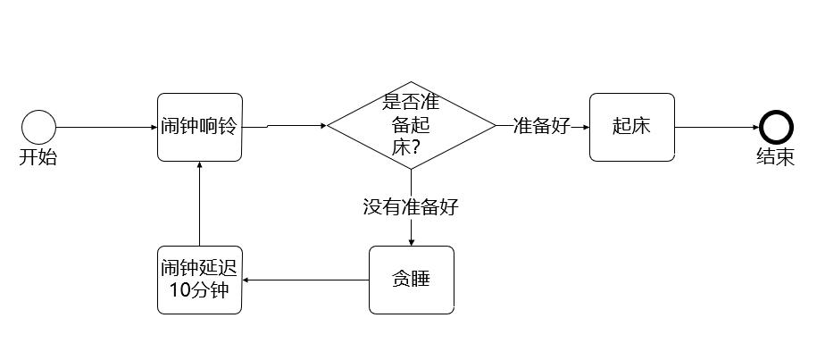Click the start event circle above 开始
pos(38,127)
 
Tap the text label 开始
pos(38,158)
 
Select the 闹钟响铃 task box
pos(199,127)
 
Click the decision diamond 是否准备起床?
pos(411,125)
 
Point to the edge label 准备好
pos(541,126)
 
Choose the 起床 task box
pos(631,127)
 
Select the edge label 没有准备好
pos(411,207)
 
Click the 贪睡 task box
pos(411,280)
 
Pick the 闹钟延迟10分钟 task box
pos(199,280)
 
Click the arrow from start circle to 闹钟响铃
pos(105,127)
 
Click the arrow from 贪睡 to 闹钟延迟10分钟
pos(305,280)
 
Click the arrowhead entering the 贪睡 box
pos(411,242)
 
